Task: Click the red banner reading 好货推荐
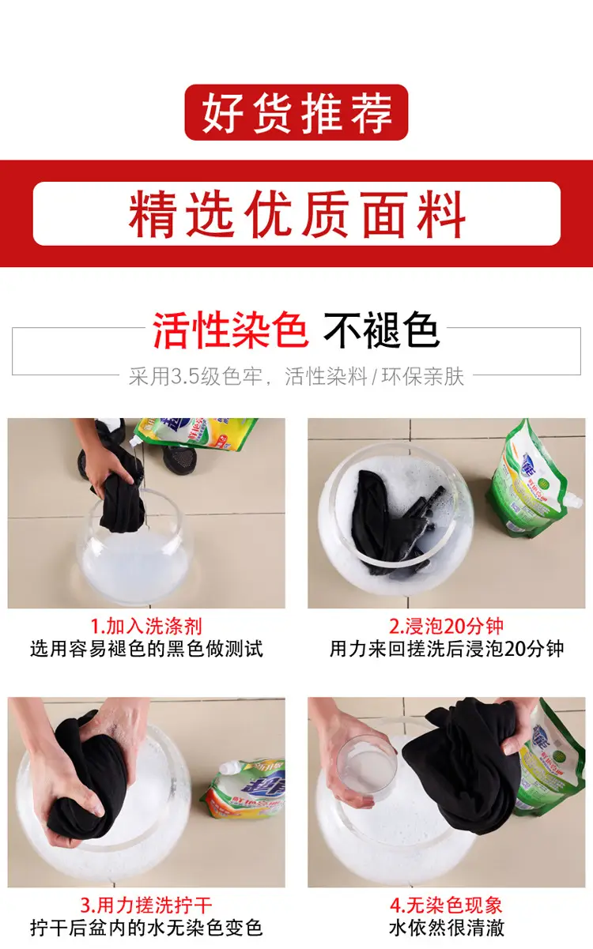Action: (x=296, y=112)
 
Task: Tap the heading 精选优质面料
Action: (x=296, y=214)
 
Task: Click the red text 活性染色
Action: (x=230, y=330)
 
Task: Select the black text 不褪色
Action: (x=381, y=330)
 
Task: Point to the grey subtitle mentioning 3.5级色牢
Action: (x=296, y=376)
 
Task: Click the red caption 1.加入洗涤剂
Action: (x=146, y=626)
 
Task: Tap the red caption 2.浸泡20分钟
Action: (x=447, y=626)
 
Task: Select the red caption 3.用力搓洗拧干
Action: (x=146, y=906)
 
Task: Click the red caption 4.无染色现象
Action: (x=447, y=906)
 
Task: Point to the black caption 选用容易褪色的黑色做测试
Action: (x=146, y=649)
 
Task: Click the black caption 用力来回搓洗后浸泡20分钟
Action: (x=447, y=649)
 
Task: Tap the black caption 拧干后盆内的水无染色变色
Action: (x=146, y=928)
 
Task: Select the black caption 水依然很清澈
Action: (x=447, y=928)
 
